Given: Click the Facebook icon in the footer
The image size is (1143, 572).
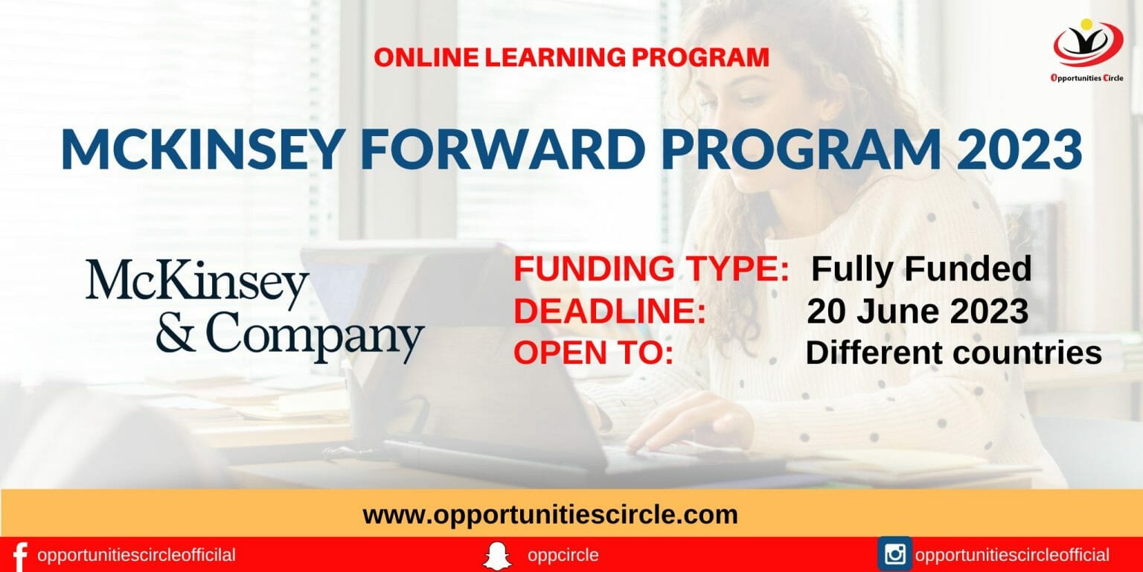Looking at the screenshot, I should tap(20, 556).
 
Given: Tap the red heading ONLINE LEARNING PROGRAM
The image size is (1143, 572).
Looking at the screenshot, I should tap(571, 57).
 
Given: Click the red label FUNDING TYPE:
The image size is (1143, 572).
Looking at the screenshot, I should tap(651, 269).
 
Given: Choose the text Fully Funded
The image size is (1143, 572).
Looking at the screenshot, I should tap(921, 269).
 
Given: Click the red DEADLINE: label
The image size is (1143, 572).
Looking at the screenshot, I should tap(609, 312).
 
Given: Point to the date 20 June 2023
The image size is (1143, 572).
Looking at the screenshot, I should tap(918, 312).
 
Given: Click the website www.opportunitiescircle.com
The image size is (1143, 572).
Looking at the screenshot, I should tap(550, 514).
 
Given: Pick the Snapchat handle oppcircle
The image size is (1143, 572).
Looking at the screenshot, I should tap(563, 555).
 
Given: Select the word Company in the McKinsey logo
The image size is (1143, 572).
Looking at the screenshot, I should tap(314, 336).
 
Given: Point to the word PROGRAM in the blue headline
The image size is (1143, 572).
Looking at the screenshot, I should tap(801, 150).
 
